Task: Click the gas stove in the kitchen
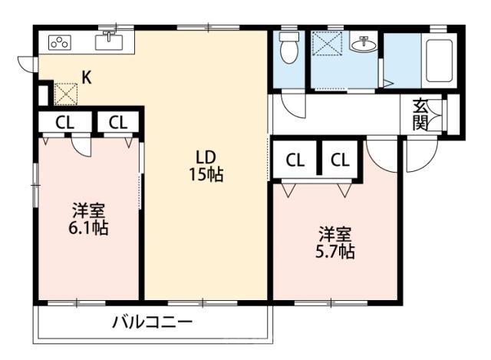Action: (59, 42)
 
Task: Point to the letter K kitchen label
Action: (87, 78)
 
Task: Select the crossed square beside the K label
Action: (65, 94)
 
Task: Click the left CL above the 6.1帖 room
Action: (64, 122)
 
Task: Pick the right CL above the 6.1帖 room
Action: (117, 122)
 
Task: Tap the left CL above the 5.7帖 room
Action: (295, 160)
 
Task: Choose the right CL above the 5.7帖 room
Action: (341, 160)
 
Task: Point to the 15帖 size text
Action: (206, 174)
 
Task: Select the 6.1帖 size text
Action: (88, 228)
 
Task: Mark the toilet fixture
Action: (289, 48)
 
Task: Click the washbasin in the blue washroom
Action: (363, 45)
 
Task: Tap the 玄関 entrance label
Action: (420, 114)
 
